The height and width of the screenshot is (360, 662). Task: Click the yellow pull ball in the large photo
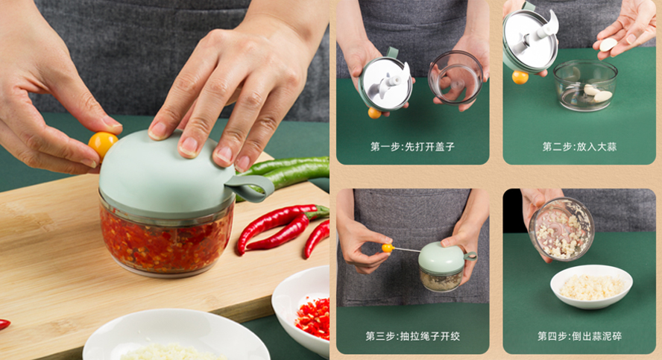coord(102,143)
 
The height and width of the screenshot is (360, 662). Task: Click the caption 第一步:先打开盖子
coord(412,147)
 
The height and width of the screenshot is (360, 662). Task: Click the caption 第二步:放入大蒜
coord(579,147)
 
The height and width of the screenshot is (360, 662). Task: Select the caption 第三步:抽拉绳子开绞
coord(412,336)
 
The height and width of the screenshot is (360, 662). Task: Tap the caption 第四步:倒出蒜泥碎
coord(579,336)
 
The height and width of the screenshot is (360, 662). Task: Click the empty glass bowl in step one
coord(456,77)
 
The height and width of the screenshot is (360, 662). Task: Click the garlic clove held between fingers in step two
coord(608,44)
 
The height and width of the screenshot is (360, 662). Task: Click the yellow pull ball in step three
coord(388,247)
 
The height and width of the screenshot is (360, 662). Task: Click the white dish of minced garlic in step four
coord(591,285)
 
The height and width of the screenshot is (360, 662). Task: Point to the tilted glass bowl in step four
coord(561,228)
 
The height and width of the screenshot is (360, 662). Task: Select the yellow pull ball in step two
coord(520,77)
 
